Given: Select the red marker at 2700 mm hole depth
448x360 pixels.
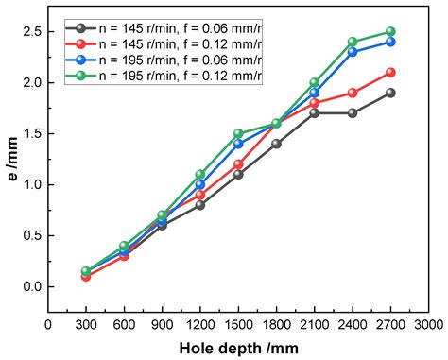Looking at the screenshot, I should coord(390,72).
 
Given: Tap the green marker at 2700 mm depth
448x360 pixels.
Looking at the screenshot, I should coord(390,31).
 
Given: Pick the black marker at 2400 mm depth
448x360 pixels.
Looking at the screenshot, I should coord(353,112).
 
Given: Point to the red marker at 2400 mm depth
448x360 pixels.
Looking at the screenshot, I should coord(353,93).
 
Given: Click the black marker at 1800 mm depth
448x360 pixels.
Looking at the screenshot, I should coord(276,144).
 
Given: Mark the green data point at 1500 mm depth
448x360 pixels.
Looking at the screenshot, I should coord(238,133).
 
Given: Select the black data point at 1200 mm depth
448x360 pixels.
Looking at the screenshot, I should coord(200,204).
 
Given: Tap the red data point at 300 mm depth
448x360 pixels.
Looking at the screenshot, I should coord(86,276).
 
